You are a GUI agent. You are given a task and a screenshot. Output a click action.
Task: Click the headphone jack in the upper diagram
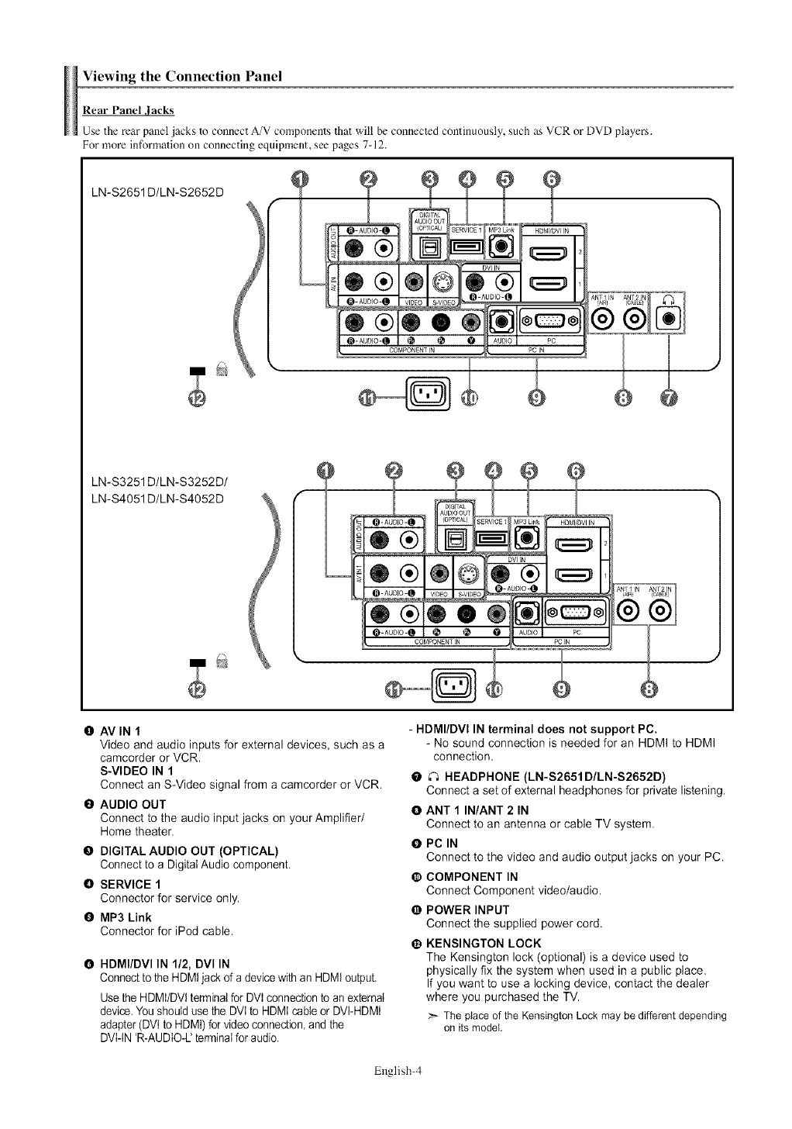click(669, 319)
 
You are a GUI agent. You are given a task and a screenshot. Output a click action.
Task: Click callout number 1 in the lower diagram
click(327, 471)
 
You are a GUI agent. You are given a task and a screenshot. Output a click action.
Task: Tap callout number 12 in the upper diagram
click(198, 398)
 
